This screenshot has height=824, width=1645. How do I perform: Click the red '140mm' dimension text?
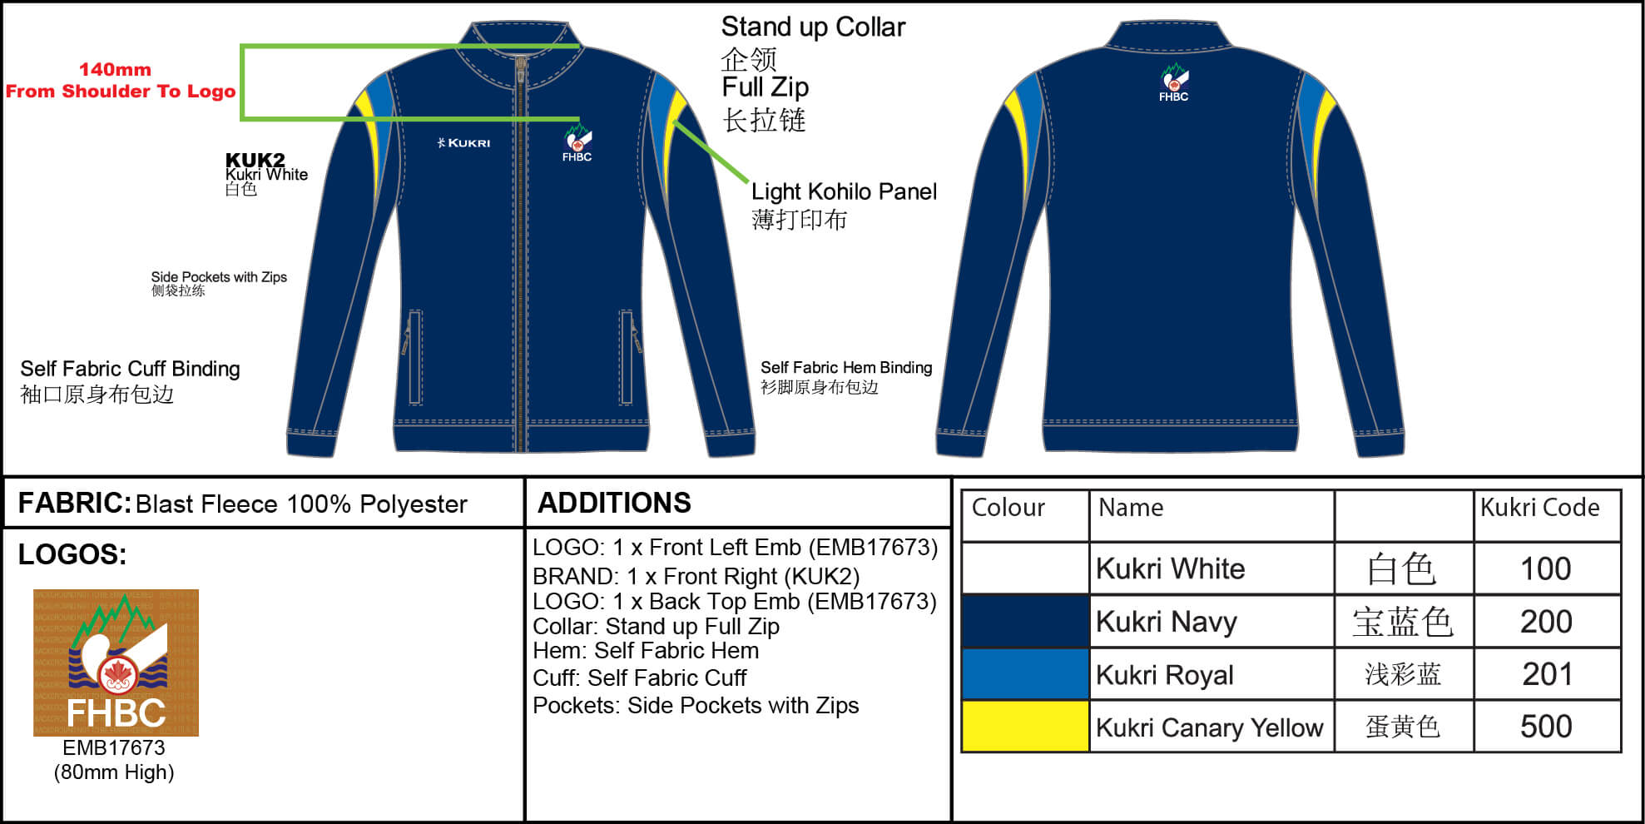pos(115,70)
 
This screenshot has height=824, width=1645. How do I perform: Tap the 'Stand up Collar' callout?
pos(813,27)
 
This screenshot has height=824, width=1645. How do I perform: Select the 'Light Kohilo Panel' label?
pos(844,192)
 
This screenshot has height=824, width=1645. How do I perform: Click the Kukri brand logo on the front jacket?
pos(463,142)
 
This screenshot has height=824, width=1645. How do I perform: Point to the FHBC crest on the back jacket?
pos(1174,82)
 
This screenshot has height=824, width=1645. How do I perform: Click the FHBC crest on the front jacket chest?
pos(577,142)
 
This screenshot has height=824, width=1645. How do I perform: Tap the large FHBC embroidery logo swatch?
pos(116,663)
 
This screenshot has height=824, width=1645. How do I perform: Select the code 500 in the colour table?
pos(1546,727)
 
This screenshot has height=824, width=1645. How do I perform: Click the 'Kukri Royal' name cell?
pos(1164,675)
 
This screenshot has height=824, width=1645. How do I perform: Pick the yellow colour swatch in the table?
pos(1025,727)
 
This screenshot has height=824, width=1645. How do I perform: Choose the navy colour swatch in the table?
pos(1025,622)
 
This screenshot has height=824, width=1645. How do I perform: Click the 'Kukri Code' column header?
pos(1539,508)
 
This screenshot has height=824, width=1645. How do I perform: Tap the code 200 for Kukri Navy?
pos(1546,622)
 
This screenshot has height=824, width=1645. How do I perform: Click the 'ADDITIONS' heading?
pos(614,503)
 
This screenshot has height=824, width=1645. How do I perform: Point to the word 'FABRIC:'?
pos(75,503)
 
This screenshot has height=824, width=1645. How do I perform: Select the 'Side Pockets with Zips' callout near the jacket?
pos(219,277)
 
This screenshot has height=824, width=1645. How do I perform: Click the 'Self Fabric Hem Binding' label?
pos(846,368)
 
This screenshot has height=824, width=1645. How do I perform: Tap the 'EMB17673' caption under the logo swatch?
pos(114,747)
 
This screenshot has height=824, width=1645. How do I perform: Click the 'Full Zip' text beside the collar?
pos(765,87)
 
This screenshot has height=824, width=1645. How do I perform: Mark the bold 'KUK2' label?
pos(255,159)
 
